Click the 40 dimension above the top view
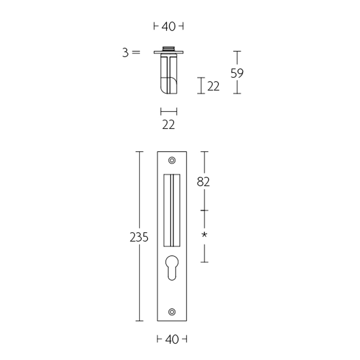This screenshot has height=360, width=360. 168,27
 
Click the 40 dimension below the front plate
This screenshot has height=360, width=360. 171,339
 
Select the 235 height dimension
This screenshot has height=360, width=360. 139,237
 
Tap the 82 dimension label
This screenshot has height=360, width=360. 204,182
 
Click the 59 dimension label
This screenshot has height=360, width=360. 237,73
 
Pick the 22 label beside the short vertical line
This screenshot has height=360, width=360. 213,86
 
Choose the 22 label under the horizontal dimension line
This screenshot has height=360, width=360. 168,125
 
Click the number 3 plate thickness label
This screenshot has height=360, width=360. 125,53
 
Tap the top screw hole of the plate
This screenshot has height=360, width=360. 171,160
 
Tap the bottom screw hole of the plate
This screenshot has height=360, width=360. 171,311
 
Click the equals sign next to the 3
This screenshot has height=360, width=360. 136,53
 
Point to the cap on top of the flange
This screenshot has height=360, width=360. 169,48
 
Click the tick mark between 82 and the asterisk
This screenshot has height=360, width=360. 205,210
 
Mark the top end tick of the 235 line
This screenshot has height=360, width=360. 139,152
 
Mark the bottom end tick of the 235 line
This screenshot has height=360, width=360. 139,321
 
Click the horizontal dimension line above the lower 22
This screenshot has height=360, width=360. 169,111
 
